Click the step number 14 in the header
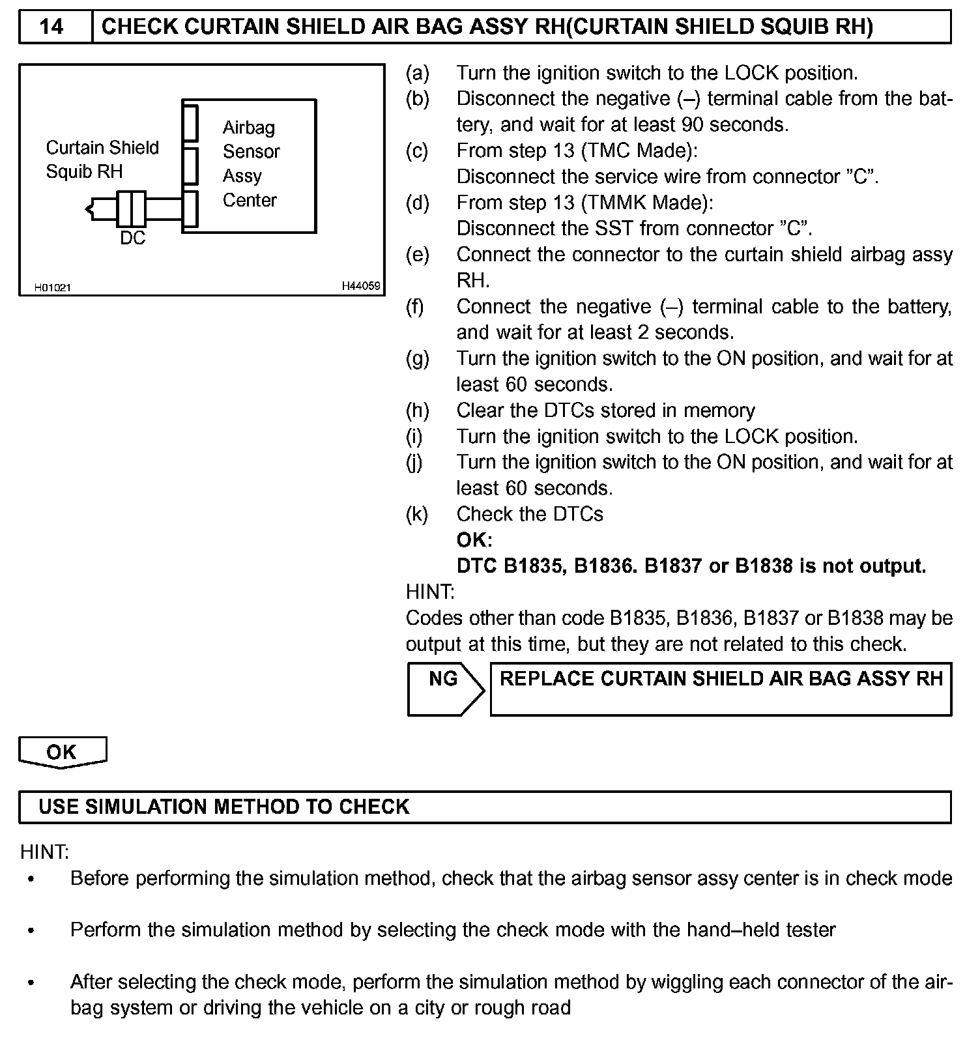[x=51, y=27]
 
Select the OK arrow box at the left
[x=63, y=752]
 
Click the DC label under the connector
[x=132, y=238]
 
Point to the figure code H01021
[x=53, y=287]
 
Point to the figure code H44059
[x=361, y=286]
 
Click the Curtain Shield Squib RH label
[x=102, y=160]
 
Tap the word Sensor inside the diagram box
[x=251, y=152]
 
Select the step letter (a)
[x=417, y=73]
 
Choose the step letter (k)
[x=417, y=514]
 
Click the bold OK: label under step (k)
[x=474, y=540]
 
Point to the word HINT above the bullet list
[x=44, y=852]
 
